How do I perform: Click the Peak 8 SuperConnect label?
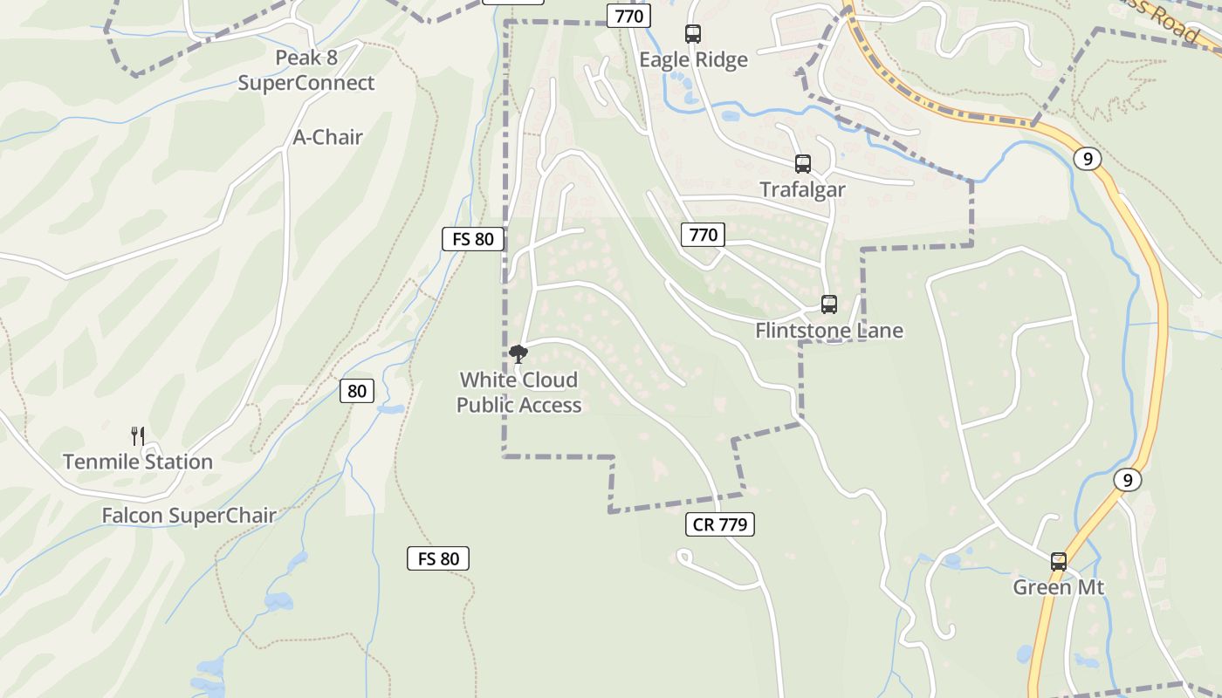[x=305, y=71]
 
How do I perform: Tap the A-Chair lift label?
[x=327, y=137]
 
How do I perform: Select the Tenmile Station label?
[x=138, y=462]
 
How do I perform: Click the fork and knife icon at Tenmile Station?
[x=138, y=435]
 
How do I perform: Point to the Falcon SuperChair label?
[x=189, y=516]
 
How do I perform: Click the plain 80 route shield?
[x=357, y=391]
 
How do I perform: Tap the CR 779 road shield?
[x=720, y=524]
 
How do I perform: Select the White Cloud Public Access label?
[x=518, y=393]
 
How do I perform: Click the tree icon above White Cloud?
[x=518, y=353]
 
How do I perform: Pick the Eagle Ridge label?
[x=693, y=59]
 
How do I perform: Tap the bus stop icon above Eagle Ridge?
[x=693, y=34]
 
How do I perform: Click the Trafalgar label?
[x=802, y=189]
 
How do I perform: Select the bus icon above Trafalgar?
[x=802, y=164]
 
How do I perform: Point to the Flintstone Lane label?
[x=828, y=331]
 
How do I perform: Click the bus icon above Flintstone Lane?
[x=828, y=305]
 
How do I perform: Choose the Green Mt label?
[x=1058, y=587]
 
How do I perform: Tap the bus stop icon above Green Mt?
[x=1059, y=562]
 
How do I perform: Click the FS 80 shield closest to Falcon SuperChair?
[x=438, y=558]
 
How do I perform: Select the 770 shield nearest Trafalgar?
[x=703, y=234]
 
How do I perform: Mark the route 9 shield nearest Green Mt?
[x=1128, y=480]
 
